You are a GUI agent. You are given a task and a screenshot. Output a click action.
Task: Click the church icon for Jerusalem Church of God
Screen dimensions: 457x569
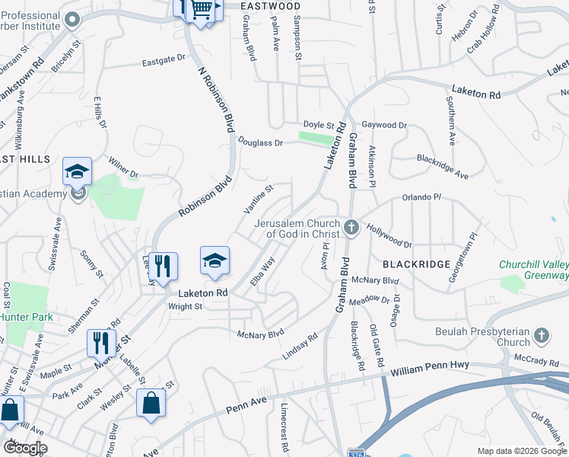coord(351,226)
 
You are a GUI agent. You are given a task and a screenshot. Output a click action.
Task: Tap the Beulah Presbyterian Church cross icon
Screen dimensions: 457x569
coord(541,335)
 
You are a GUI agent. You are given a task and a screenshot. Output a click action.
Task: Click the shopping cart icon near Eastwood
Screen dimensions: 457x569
coord(202,9)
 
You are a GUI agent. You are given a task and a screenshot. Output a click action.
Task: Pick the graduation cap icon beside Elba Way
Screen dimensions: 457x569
coord(215,260)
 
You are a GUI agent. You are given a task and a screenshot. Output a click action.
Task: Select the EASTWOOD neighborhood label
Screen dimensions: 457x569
coord(271,6)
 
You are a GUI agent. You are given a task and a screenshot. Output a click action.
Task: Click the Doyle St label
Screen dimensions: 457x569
coord(319,125)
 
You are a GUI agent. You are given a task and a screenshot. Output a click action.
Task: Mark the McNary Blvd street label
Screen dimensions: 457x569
coord(260,334)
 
